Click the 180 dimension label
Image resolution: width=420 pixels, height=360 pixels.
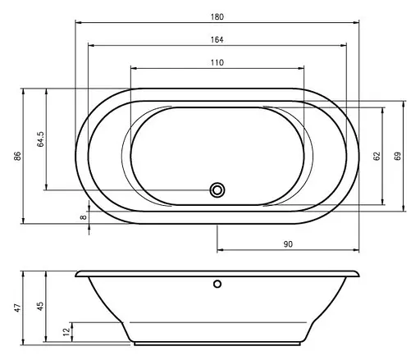(x=217, y=16)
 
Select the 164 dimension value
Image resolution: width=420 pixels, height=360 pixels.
(x=217, y=40)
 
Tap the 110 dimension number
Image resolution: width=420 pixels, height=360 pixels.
(x=217, y=63)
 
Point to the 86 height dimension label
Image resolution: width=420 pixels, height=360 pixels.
(x=17, y=156)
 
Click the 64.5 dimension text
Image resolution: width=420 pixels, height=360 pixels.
(x=40, y=139)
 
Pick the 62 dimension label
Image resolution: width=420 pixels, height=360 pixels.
(x=376, y=156)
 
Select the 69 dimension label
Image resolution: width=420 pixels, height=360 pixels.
(x=398, y=156)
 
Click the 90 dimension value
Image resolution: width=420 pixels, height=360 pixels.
(x=289, y=244)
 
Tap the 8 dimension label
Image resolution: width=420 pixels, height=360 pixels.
(x=83, y=216)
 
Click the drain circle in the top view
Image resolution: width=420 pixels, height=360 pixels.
(x=217, y=189)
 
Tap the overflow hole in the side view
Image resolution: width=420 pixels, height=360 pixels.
(x=217, y=285)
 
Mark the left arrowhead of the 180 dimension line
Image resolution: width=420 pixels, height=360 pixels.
(x=77, y=22)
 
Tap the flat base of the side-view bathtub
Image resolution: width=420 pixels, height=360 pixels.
(x=217, y=342)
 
